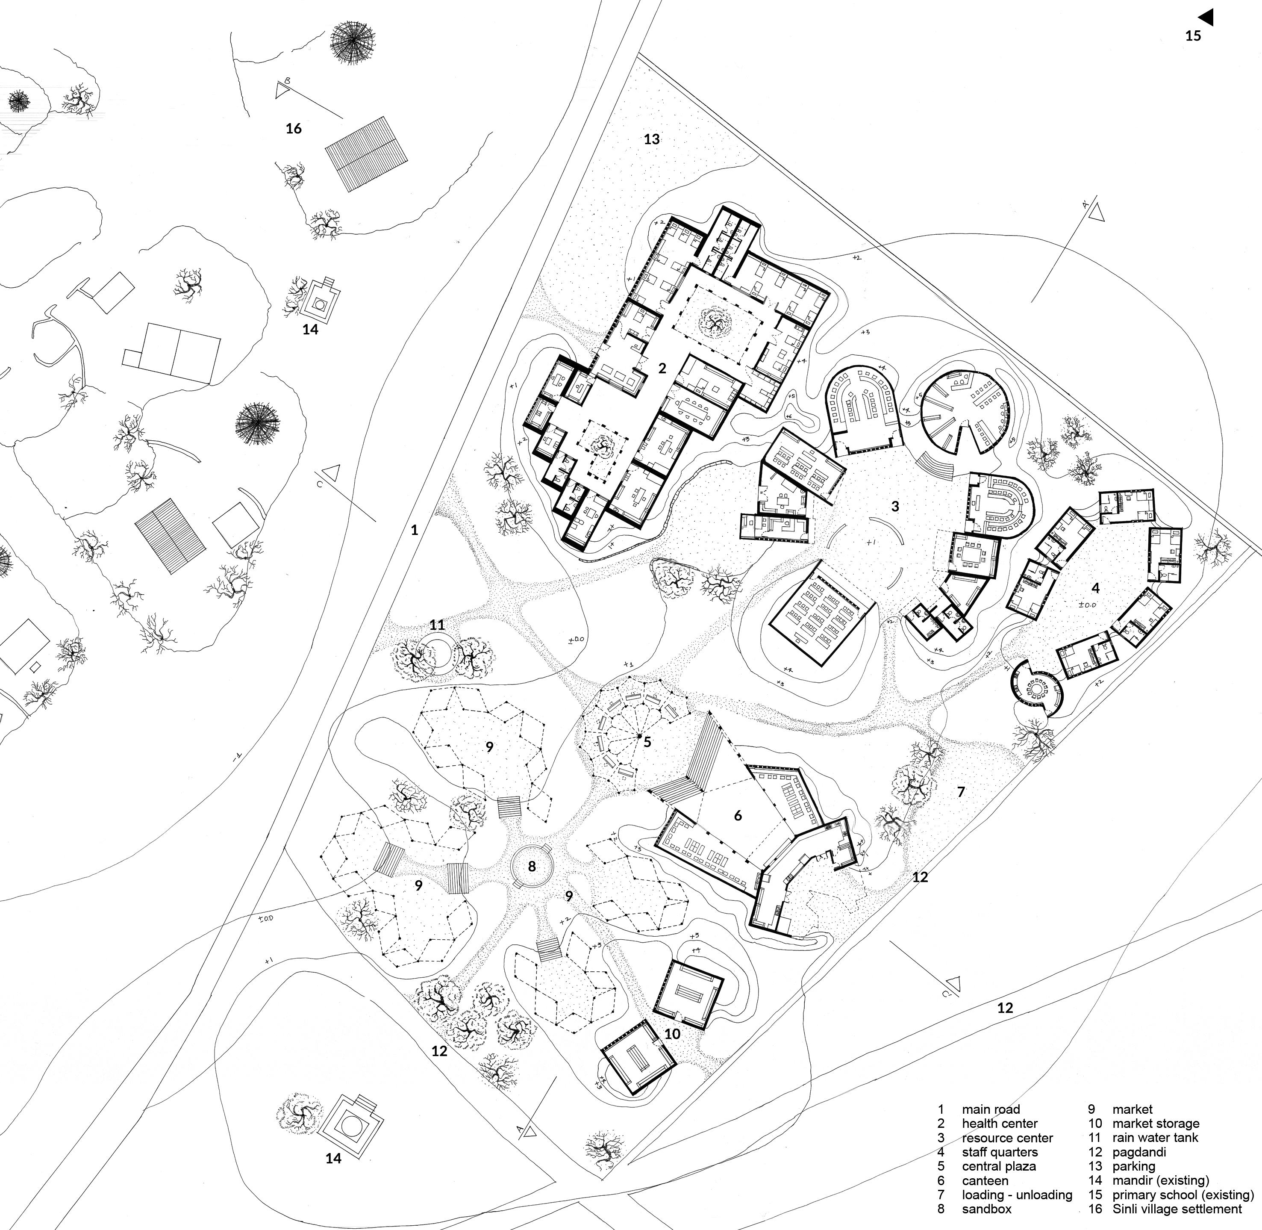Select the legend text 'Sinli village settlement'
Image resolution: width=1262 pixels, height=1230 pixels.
coord(1177,1209)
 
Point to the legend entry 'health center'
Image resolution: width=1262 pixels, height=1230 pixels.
coord(1000,1124)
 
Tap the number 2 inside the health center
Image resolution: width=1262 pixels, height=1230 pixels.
coord(662,368)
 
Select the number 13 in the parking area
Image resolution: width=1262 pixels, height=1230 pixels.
coord(652,139)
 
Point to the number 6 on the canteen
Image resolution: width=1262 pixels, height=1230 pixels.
coord(738,816)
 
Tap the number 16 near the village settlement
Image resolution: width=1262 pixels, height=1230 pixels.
coord(294,129)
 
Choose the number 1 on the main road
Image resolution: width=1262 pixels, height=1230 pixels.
coord(415,531)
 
